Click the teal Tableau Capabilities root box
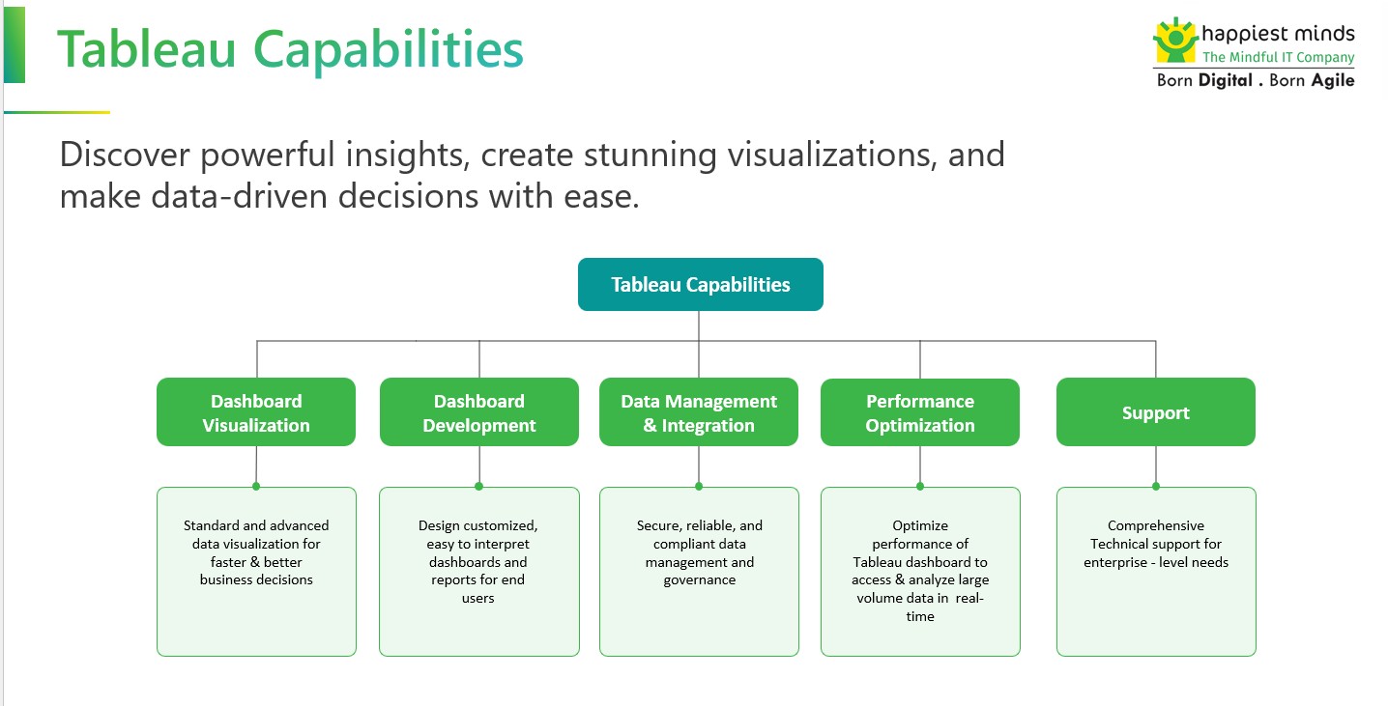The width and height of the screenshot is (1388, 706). tap(700, 285)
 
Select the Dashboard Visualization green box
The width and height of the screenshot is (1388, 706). tap(256, 412)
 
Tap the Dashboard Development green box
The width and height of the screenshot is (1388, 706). tap(478, 412)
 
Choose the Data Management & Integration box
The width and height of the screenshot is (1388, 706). tap(699, 412)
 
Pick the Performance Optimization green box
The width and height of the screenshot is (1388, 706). tap(919, 412)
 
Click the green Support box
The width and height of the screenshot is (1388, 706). tap(1155, 412)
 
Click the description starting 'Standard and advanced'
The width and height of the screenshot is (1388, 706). tap(256, 552)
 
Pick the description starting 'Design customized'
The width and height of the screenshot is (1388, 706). tap(478, 561)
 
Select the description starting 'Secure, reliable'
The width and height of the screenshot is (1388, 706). tap(699, 552)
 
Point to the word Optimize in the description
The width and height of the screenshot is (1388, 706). tap(920, 526)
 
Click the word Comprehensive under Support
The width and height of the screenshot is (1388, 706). tap(1155, 526)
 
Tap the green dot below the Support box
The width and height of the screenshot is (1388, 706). tap(1155, 486)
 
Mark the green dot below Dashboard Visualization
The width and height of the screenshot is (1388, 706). tap(256, 486)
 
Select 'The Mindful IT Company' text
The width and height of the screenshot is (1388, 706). tap(1278, 58)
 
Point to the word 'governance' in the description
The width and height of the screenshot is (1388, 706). tap(699, 580)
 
